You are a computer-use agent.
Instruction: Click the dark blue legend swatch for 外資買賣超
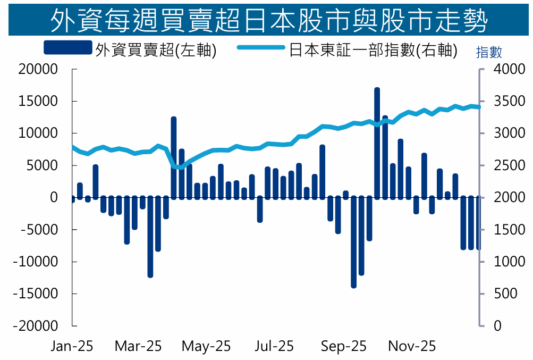coord(67,49)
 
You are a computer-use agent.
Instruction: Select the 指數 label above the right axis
coord(489,52)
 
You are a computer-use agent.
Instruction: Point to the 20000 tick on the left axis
coord(38,69)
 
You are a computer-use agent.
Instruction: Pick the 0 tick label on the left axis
coord(53,197)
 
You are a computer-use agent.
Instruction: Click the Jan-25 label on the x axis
coord(72,346)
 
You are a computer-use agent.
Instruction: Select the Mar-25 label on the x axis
coord(138,346)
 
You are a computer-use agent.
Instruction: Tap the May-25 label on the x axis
coord(206,346)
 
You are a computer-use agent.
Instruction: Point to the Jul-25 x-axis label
coord(274,346)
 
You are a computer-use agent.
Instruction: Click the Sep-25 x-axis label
coord(344,346)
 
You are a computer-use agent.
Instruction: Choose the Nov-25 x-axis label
coord(412,346)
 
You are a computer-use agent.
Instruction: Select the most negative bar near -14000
coord(353,242)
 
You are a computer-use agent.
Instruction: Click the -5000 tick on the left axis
coord(38,230)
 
